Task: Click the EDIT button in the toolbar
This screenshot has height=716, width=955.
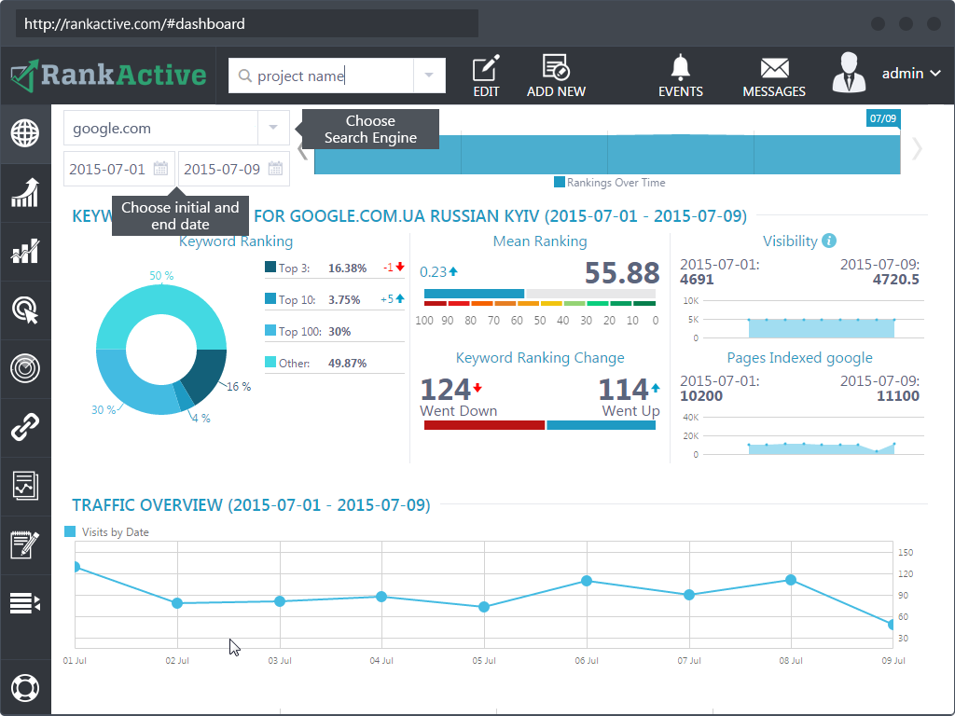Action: [x=486, y=76]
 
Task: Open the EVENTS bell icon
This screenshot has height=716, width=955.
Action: [x=681, y=76]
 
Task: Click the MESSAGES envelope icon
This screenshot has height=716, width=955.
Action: [x=774, y=76]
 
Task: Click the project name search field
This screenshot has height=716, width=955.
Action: [x=322, y=76]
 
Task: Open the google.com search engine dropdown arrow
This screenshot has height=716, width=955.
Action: [x=273, y=128]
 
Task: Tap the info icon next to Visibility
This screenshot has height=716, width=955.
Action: [x=829, y=241]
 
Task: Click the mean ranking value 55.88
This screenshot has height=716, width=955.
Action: [x=622, y=273]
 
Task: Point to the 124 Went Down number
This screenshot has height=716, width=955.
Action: [x=445, y=389]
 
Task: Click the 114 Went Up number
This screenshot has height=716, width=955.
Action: [x=622, y=389]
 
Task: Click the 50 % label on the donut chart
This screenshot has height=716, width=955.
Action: [x=161, y=275]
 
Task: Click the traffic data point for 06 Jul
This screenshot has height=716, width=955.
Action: [x=587, y=581]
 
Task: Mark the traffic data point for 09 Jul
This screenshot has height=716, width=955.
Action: [x=893, y=625]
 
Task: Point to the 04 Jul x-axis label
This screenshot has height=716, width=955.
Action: [x=381, y=661]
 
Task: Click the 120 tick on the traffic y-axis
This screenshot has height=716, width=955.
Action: [x=906, y=573]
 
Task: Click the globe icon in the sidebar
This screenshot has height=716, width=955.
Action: [x=25, y=133]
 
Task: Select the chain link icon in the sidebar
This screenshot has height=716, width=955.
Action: [x=25, y=428]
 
